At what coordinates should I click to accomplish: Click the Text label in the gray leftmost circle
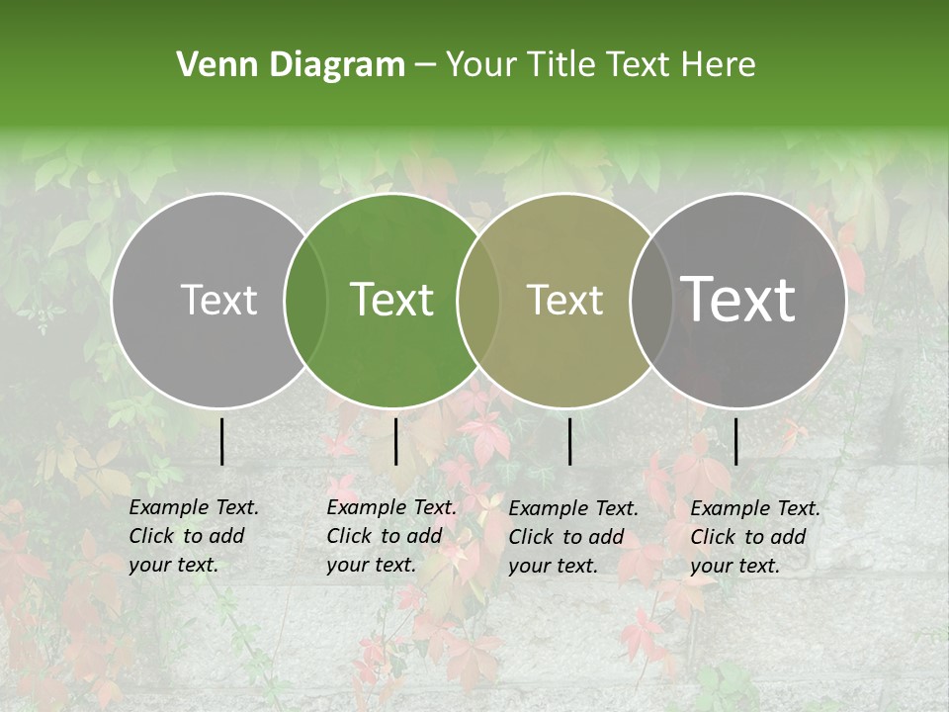point(218,300)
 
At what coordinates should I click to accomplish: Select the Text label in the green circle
point(392,300)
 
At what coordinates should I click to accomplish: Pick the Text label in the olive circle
point(564,300)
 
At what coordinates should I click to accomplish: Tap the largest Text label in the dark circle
point(738,300)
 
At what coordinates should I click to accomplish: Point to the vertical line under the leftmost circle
point(221,441)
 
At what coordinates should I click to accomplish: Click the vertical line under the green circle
point(395,441)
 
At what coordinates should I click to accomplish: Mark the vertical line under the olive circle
point(569,441)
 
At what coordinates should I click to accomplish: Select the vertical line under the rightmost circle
point(735,441)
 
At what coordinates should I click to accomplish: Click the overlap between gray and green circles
point(305,300)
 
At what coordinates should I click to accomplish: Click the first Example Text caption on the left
point(193,536)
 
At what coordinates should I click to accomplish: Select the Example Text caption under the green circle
point(390,536)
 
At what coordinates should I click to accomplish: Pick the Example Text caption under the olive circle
point(572,537)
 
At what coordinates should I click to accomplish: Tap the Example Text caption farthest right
point(754,537)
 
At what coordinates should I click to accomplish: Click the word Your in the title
point(481,65)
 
